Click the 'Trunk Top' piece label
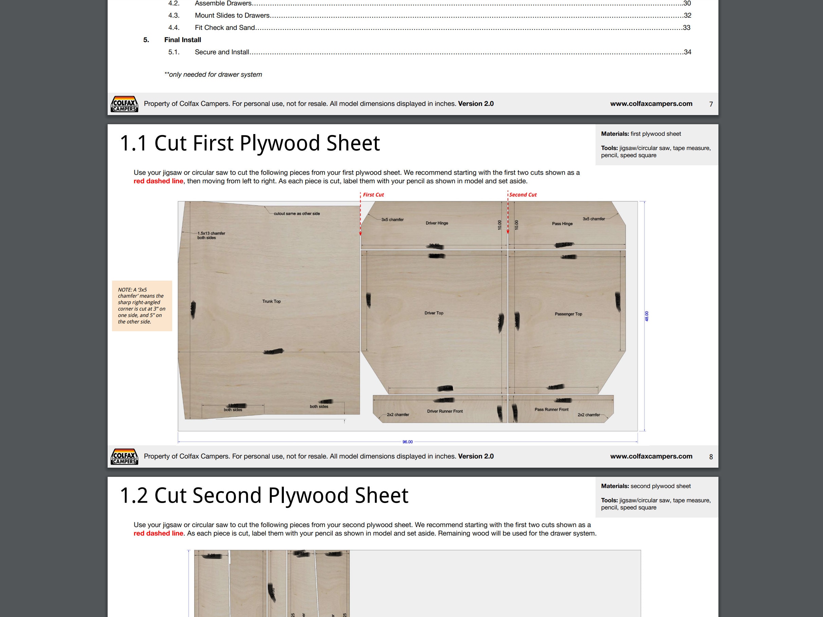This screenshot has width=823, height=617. pyautogui.click(x=271, y=301)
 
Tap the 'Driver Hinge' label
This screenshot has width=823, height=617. pyautogui.click(x=437, y=223)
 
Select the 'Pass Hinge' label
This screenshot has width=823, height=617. pyautogui.click(x=562, y=224)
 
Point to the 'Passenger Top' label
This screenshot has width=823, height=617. pyautogui.click(x=568, y=314)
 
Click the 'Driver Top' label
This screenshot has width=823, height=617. pyautogui.click(x=434, y=313)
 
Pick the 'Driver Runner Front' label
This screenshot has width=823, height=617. pyautogui.click(x=445, y=411)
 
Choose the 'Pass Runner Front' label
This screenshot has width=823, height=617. pyautogui.click(x=551, y=410)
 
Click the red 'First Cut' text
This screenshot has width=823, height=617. pyautogui.click(x=373, y=194)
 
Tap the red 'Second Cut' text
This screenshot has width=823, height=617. pyautogui.click(x=523, y=194)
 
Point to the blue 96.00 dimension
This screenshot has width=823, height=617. pyautogui.click(x=407, y=442)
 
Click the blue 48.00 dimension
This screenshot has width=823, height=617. pyautogui.click(x=647, y=316)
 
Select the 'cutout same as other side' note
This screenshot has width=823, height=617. pyautogui.click(x=296, y=213)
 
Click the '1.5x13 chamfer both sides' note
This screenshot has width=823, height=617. pyautogui.click(x=211, y=236)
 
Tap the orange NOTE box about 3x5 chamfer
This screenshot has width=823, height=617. pyautogui.click(x=142, y=306)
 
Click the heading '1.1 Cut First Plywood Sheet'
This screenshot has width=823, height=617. pyautogui.click(x=250, y=143)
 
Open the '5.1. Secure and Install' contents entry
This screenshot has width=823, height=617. pyautogui.click(x=222, y=52)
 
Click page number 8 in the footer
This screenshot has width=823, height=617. pyautogui.click(x=711, y=457)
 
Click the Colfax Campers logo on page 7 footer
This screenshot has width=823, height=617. pyautogui.click(x=124, y=104)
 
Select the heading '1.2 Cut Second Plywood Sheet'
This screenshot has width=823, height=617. pyautogui.click(x=264, y=496)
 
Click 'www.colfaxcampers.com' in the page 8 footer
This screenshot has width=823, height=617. pyautogui.click(x=651, y=456)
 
